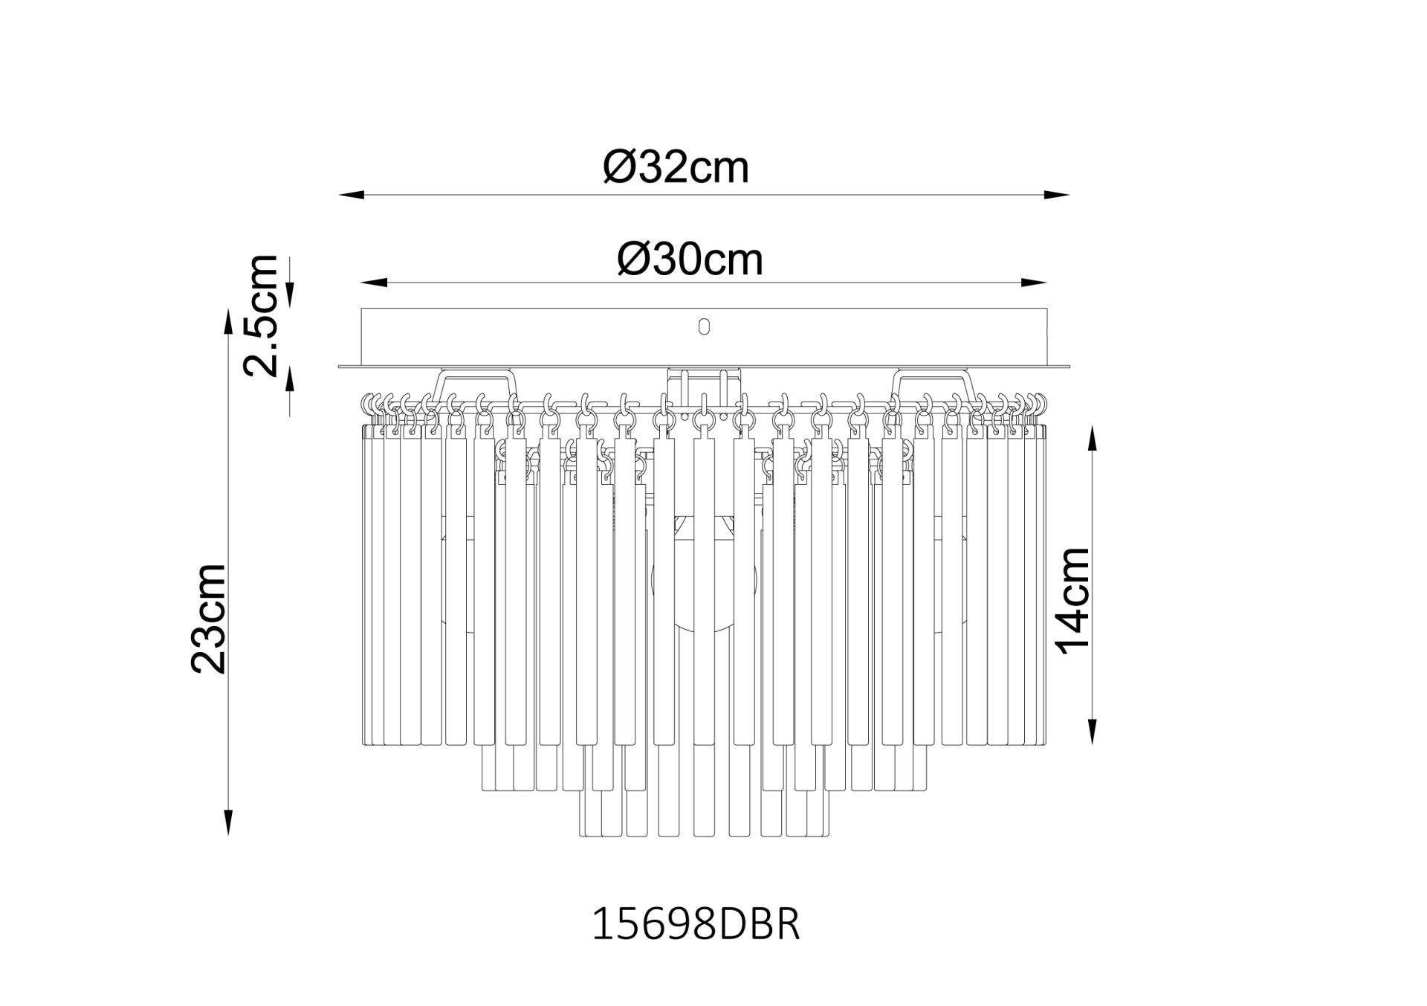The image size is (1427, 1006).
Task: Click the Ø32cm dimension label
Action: (x=676, y=167)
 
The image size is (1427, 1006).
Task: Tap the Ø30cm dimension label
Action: (x=690, y=259)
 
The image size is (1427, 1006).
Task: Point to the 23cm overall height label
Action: (x=208, y=619)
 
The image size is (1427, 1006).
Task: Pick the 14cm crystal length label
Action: (x=1073, y=601)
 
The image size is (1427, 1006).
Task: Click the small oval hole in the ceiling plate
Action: (x=704, y=326)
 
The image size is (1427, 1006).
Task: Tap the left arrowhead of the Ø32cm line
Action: (x=349, y=195)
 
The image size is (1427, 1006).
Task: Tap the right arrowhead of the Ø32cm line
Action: (x=1058, y=195)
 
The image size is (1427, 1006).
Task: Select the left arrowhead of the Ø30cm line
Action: (x=372, y=283)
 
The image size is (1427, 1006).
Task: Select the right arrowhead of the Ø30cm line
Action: (x=1036, y=283)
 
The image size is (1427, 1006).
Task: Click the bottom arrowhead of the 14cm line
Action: (x=1092, y=733)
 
